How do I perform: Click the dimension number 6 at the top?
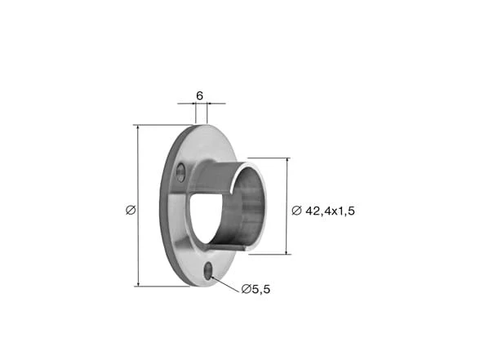point(199,96)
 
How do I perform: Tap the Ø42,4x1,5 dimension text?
point(323,211)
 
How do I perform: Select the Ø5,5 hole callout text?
point(256,289)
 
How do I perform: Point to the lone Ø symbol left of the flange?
point(131,210)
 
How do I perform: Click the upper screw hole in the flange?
point(180,173)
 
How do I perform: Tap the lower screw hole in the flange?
point(208,271)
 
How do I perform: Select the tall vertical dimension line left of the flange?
point(139,206)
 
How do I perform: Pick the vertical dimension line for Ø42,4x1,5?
point(287,206)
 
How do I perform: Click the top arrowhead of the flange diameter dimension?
point(139,128)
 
